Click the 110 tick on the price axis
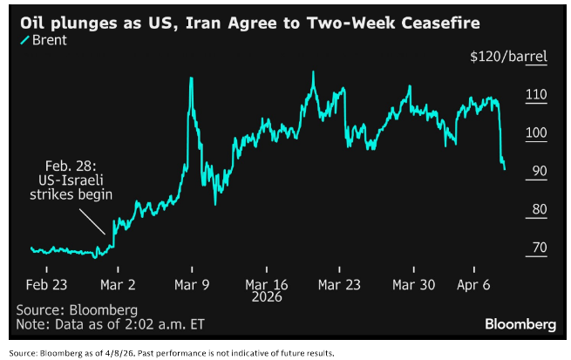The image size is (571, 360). tap(534, 95)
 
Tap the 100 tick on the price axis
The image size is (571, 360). tap(534, 133)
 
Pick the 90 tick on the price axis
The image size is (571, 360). tap(536, 172)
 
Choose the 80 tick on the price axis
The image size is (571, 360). tap(536, 209)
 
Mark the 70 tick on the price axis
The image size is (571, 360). tap(536, 248)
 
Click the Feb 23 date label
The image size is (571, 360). tap(45, 284)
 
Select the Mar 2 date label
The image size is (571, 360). tap(118, 284)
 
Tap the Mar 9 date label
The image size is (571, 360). tap(192, 284)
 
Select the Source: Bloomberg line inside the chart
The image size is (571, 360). tap(77, 309)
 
